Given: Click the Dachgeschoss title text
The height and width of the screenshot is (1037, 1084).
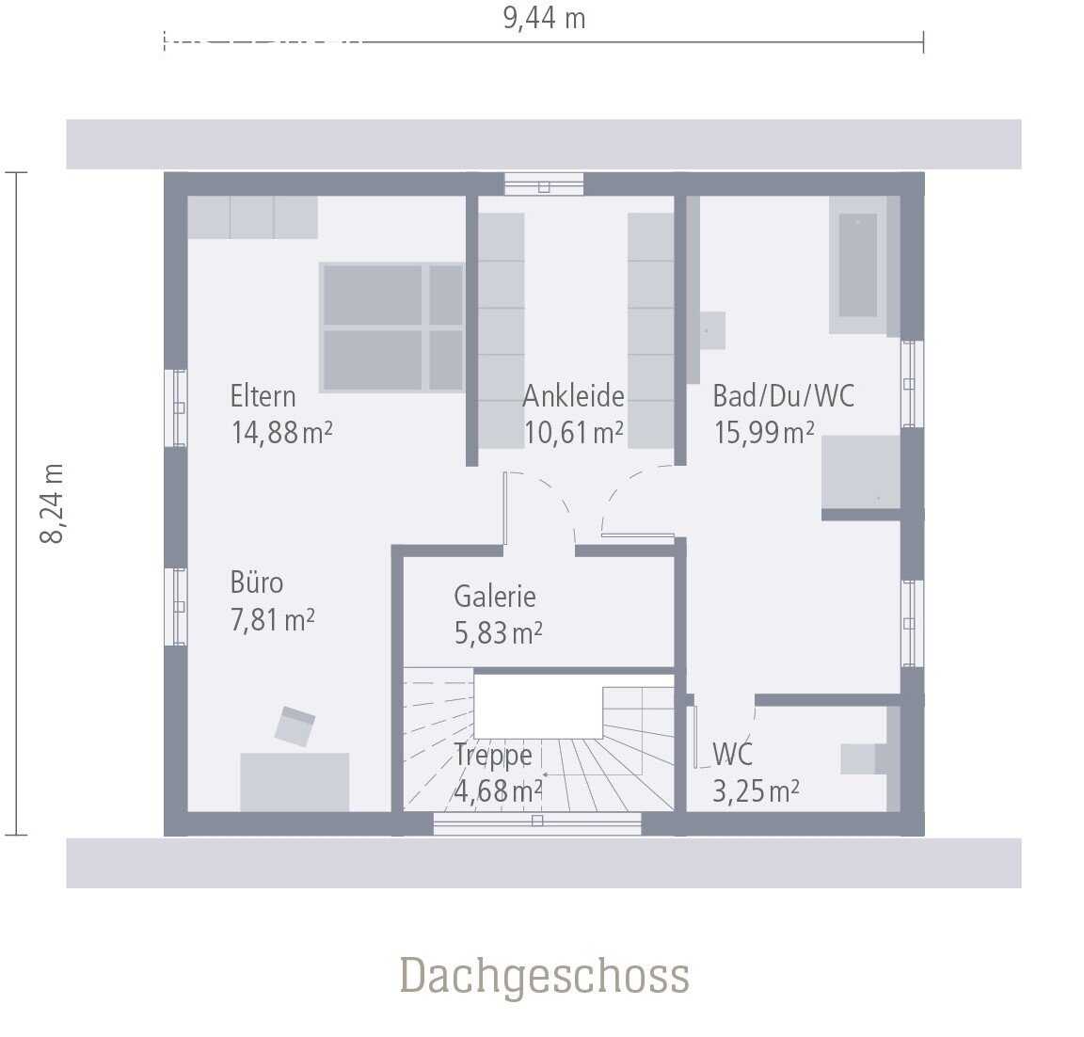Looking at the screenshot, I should click(x=545, y=976).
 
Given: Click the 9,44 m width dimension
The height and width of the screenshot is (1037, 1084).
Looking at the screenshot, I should click(x=544, y=19).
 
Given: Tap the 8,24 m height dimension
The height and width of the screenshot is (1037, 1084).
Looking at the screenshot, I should click(x=52, y=503).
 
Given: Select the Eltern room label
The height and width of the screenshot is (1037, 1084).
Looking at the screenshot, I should click(x=263, y=396).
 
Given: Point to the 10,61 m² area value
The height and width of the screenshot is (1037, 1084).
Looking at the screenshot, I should click(x=573, y=433).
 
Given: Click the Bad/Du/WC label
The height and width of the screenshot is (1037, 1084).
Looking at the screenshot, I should click(x=783, y=396).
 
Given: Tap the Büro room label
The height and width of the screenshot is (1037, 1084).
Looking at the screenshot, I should click(x=256, y=582).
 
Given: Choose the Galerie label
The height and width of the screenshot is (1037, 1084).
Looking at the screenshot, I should click(x=494, y=597).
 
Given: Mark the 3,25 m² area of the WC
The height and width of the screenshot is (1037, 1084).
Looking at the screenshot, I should click(x=756, y=791).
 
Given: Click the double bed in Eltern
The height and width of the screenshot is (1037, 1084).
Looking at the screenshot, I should click(x=392, y=327).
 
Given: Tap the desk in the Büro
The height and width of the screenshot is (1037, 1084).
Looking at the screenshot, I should click(x=295, y=781).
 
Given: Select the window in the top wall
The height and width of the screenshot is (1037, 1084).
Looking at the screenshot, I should click(x=544, y=184).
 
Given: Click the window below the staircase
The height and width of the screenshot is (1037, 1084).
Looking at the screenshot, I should click(x=536, y=822).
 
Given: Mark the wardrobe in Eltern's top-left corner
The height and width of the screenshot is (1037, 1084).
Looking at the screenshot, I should click(x=252, y=217).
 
